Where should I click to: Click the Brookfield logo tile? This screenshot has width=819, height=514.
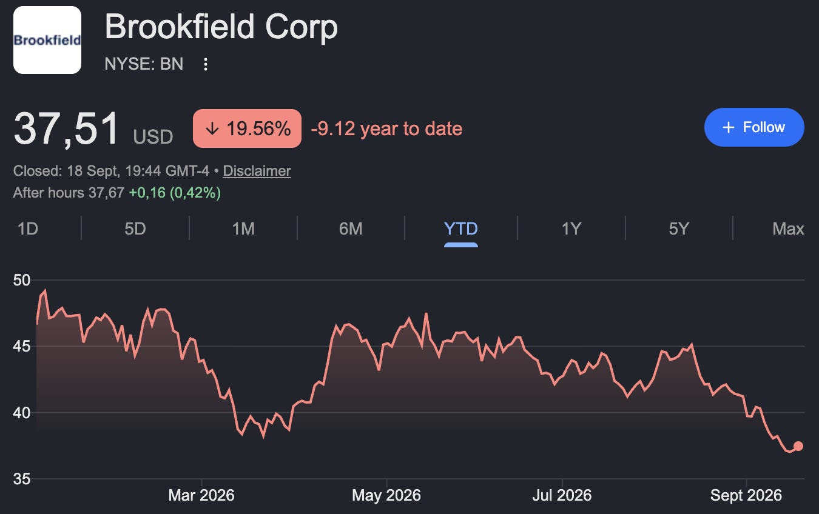pyautogui.click(x=47, y=40)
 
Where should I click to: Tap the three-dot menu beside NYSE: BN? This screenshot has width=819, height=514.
pyautogui.click(x=206, y=64)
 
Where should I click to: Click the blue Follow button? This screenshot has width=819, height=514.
pyautogui.click(x=754, y=127)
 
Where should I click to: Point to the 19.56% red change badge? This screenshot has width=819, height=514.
pyautogui.click(x=247, y=128)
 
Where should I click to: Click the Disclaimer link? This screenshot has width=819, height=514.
pyautogui.click(x=257, y=170)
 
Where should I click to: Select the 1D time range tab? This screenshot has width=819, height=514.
pyautogui.click(x=28, y=229)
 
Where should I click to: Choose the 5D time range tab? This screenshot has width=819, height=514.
pyautogui.click(x=135, y=229)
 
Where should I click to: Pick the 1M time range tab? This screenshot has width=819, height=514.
pyautogui.click(x=243, y=229)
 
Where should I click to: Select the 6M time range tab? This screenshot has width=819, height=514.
pyautogui.click(x=351, y=229)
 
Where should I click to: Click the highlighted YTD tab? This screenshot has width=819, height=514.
pyautogui.click(x=460, y=229)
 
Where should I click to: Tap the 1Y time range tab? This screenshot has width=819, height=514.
pyautogui.click(x=571, y=229)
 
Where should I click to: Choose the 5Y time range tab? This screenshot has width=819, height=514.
pyautogui.click(x=679, y=229)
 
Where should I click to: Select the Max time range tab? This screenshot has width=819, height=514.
pyautogui.click(x=788, y=229)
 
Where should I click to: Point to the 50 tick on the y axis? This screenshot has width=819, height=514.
pyautogui.click(x=22, y=280)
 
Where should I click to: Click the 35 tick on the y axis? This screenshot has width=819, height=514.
pyautogui.click(x=22, y=479)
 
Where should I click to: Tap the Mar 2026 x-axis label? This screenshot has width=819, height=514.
pyautogui.click(x=201, y=495)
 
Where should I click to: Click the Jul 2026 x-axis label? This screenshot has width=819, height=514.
pyautogui.click(x=562, y=495)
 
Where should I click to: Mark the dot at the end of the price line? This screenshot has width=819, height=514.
pyautogui.click(x=798, y=446)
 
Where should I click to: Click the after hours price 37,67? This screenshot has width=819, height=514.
pyautogui.click(x=106, y=193)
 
